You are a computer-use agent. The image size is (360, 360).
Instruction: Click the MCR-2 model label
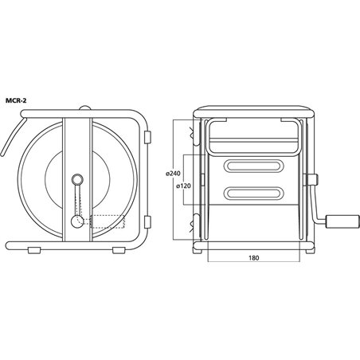[x=16, y=100]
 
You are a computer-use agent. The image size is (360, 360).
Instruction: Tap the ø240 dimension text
[x=173, y=174]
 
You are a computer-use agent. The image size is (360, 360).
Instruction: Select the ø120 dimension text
[x=183, y=186]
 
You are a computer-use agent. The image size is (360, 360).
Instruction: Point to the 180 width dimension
[x=254, y=257]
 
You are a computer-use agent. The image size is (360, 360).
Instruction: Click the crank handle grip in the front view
[x=342, y=221]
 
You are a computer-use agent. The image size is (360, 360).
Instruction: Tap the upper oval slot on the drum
[x=254, y=166]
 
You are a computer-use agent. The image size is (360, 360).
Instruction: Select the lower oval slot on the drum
[x=254, y=193]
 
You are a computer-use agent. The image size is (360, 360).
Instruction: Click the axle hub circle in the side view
[x=77, y=180]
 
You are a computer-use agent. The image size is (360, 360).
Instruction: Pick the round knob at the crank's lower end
[x=77, y=221]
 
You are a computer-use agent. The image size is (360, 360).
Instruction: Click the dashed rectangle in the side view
[x=108, y=221]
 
